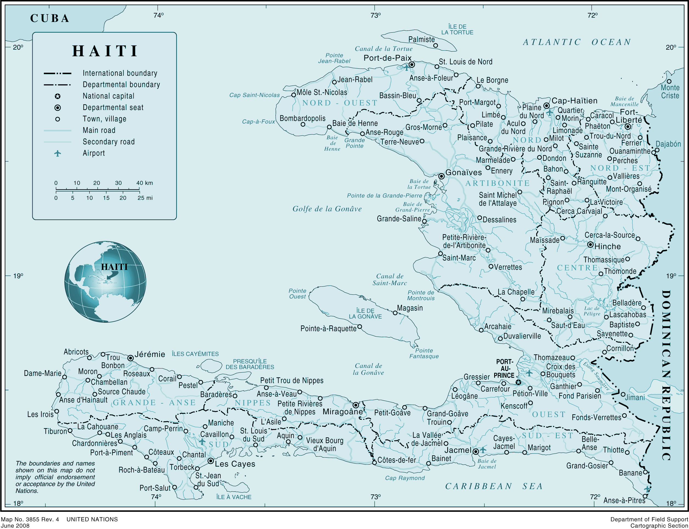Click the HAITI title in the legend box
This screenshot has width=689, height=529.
tap(105, 51)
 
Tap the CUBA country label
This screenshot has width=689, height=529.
tap(50, 18)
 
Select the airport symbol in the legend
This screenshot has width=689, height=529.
tap(57, 153)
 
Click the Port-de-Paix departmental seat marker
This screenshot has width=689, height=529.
tap(412, 64)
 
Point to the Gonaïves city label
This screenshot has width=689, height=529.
tap(463, 173)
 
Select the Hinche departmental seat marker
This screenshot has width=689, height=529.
tap(590, 245)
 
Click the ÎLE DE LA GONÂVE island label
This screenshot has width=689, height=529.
tap(365, 314)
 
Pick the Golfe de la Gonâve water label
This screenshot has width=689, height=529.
tap(327, 209)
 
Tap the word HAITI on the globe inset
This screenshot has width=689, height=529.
tap(114, 267)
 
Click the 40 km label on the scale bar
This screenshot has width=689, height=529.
tap(145, 183)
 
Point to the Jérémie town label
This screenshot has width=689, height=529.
tap(150, 354)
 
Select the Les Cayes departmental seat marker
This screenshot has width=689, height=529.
tap(211, 461)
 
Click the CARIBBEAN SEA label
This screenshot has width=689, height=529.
tap(494, 486)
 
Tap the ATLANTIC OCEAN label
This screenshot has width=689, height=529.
tap(577, 42)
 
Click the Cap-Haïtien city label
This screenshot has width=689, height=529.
tap(574, 101)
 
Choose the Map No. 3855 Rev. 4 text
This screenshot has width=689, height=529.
tap(30, 519)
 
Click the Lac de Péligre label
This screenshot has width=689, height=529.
tap(592, 311)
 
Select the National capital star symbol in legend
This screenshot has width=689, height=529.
tap(58, 96)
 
